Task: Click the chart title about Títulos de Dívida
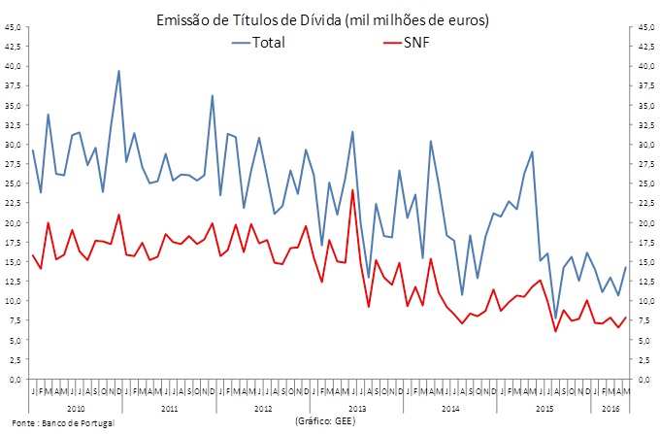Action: [330, 19]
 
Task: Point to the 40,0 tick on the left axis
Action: [14, 66]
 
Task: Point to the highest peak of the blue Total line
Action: [118, 71]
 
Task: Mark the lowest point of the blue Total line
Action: [556, 318]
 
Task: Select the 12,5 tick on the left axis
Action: [14, 282]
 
